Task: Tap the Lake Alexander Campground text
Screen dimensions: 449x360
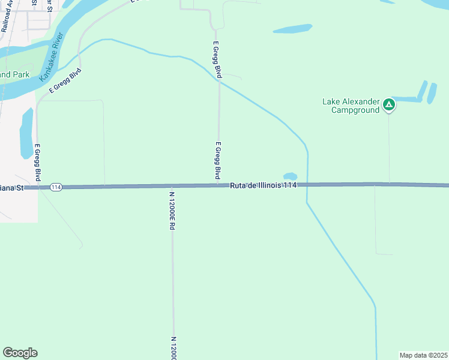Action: coord(351,106)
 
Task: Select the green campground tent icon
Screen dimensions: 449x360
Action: coord(390,106)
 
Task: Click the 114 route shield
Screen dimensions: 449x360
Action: coord(56,187)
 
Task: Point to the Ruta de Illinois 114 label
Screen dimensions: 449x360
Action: coord(264,185)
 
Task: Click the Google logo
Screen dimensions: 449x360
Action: coord(20,353)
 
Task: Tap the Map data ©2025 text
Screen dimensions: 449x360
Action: coord(423,355)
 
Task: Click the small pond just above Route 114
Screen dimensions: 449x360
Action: coord(290,176)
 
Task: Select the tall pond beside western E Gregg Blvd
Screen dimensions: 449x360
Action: coord(26,133)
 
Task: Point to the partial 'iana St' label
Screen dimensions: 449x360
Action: coord(12,187)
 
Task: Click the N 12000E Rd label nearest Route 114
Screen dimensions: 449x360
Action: coord(172,210)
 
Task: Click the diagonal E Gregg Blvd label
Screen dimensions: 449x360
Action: coord(65,81)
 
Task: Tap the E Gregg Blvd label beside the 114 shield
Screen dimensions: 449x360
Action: coord(38,162)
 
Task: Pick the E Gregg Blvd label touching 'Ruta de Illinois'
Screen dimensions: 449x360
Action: coord(218,160)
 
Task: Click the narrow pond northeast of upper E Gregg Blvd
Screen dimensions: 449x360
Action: coord(292,28)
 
